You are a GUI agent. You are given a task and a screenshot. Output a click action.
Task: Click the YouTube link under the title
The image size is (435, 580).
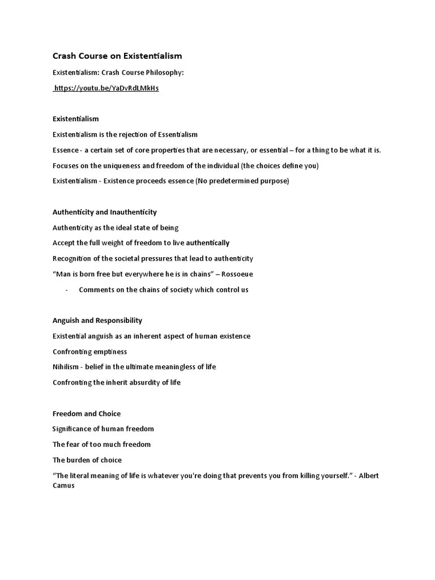106,89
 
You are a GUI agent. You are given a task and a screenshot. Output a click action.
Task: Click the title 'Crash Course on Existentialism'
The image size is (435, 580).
117,56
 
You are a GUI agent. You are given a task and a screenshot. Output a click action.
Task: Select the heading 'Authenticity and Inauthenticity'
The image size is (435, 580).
105,212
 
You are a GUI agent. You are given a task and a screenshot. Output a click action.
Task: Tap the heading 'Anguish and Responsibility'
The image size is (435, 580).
97,321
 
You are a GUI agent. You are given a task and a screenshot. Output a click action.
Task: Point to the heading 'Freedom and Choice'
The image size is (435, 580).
87,413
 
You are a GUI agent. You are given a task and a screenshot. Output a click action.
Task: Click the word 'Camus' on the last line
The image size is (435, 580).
63,485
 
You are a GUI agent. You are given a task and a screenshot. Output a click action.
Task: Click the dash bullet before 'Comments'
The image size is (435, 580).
67,290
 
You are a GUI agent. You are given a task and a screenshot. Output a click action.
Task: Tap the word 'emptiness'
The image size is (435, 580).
110,352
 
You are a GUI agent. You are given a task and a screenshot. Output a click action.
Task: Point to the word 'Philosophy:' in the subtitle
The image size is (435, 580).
164,73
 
